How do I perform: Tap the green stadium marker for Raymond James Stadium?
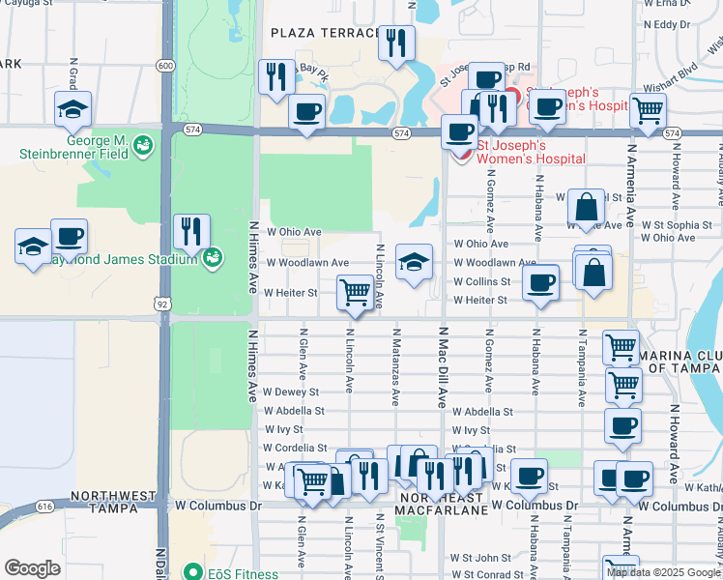pyautogui.click(x=213, y=257)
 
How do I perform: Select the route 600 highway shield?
pyautogui.click(x=166, y=66)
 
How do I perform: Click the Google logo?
pyautogui.click(x=32, y=568)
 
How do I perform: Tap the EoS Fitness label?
pyautogui.click(x=230, y=571)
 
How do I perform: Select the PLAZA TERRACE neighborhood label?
pyautogui.click(x=324, y=33)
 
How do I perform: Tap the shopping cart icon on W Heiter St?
pyautogui.click(x=356, y=291)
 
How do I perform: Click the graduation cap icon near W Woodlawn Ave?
pyautogui.click(x=414, y=261)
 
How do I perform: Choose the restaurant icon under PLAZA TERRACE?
pyautogui.click(x=396, y=42)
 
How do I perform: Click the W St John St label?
pyautogui.click(x=479, y=558)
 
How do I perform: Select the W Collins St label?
pyautogui.click(x=482, y=281)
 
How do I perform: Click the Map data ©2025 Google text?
pyautogui.click(x=663, y=572)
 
